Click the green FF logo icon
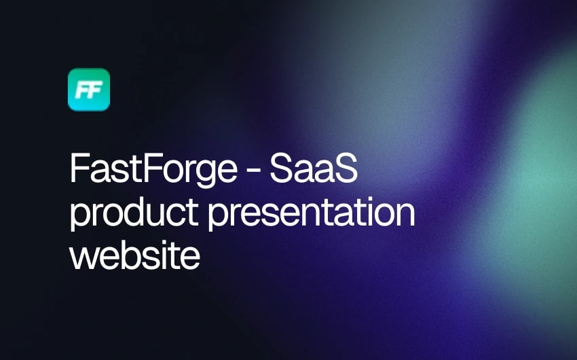[89, 90]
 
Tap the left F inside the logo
[83, 90]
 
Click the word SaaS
[313, 169]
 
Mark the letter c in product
[178, 214]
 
